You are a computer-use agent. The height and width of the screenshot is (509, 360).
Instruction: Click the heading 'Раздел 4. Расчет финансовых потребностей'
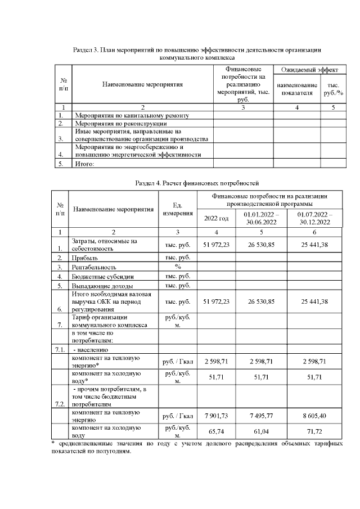tap(197, 183)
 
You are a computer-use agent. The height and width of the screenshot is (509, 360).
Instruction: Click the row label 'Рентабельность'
tap(93, 267)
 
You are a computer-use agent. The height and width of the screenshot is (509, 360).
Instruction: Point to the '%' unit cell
tap(178, 267)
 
